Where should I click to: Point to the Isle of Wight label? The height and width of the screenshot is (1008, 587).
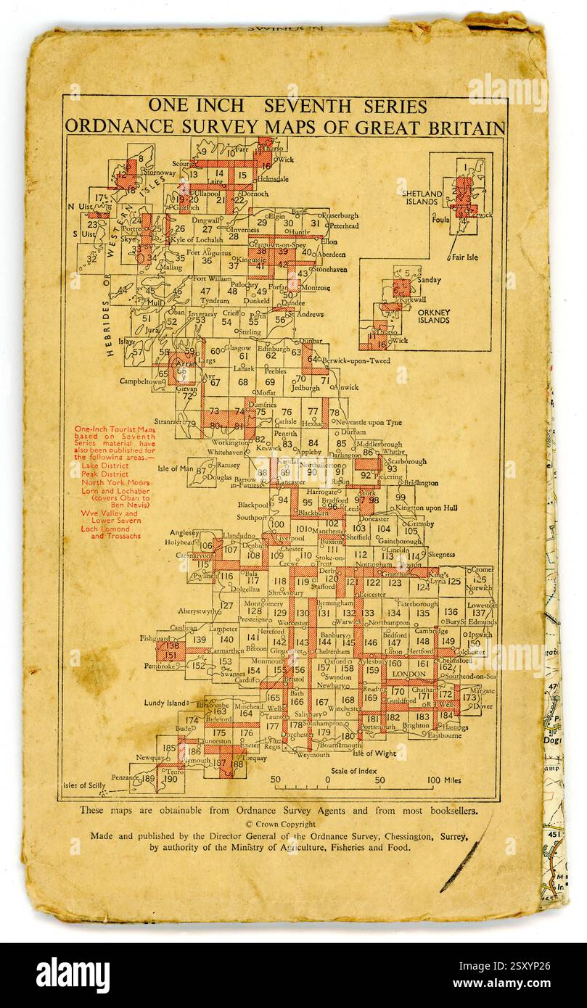(x=374, y=753)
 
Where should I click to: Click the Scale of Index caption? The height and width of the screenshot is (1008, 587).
(x=355, y=770)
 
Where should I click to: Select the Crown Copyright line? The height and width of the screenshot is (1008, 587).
(x=281, y=824)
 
